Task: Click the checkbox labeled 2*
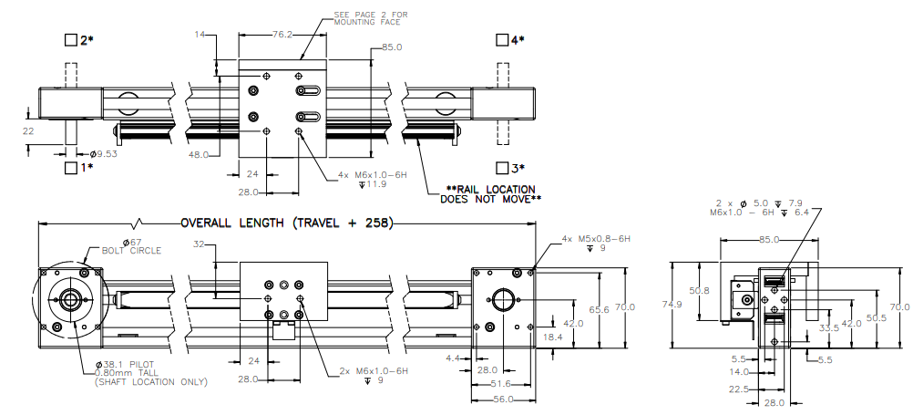tap(71, 40)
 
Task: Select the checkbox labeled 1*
tap(71, 168)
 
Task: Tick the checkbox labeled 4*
tap(502, 39)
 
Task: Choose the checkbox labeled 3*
tap(502, 168)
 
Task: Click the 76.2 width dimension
tap(282, 35)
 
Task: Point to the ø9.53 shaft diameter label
tap(103, 154)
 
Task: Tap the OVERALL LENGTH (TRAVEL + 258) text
tap(286, 223)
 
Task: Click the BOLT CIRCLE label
tap(131, 251)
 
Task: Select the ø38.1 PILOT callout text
tap(125, 365)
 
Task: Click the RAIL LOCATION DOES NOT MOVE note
tap(491, 194)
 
